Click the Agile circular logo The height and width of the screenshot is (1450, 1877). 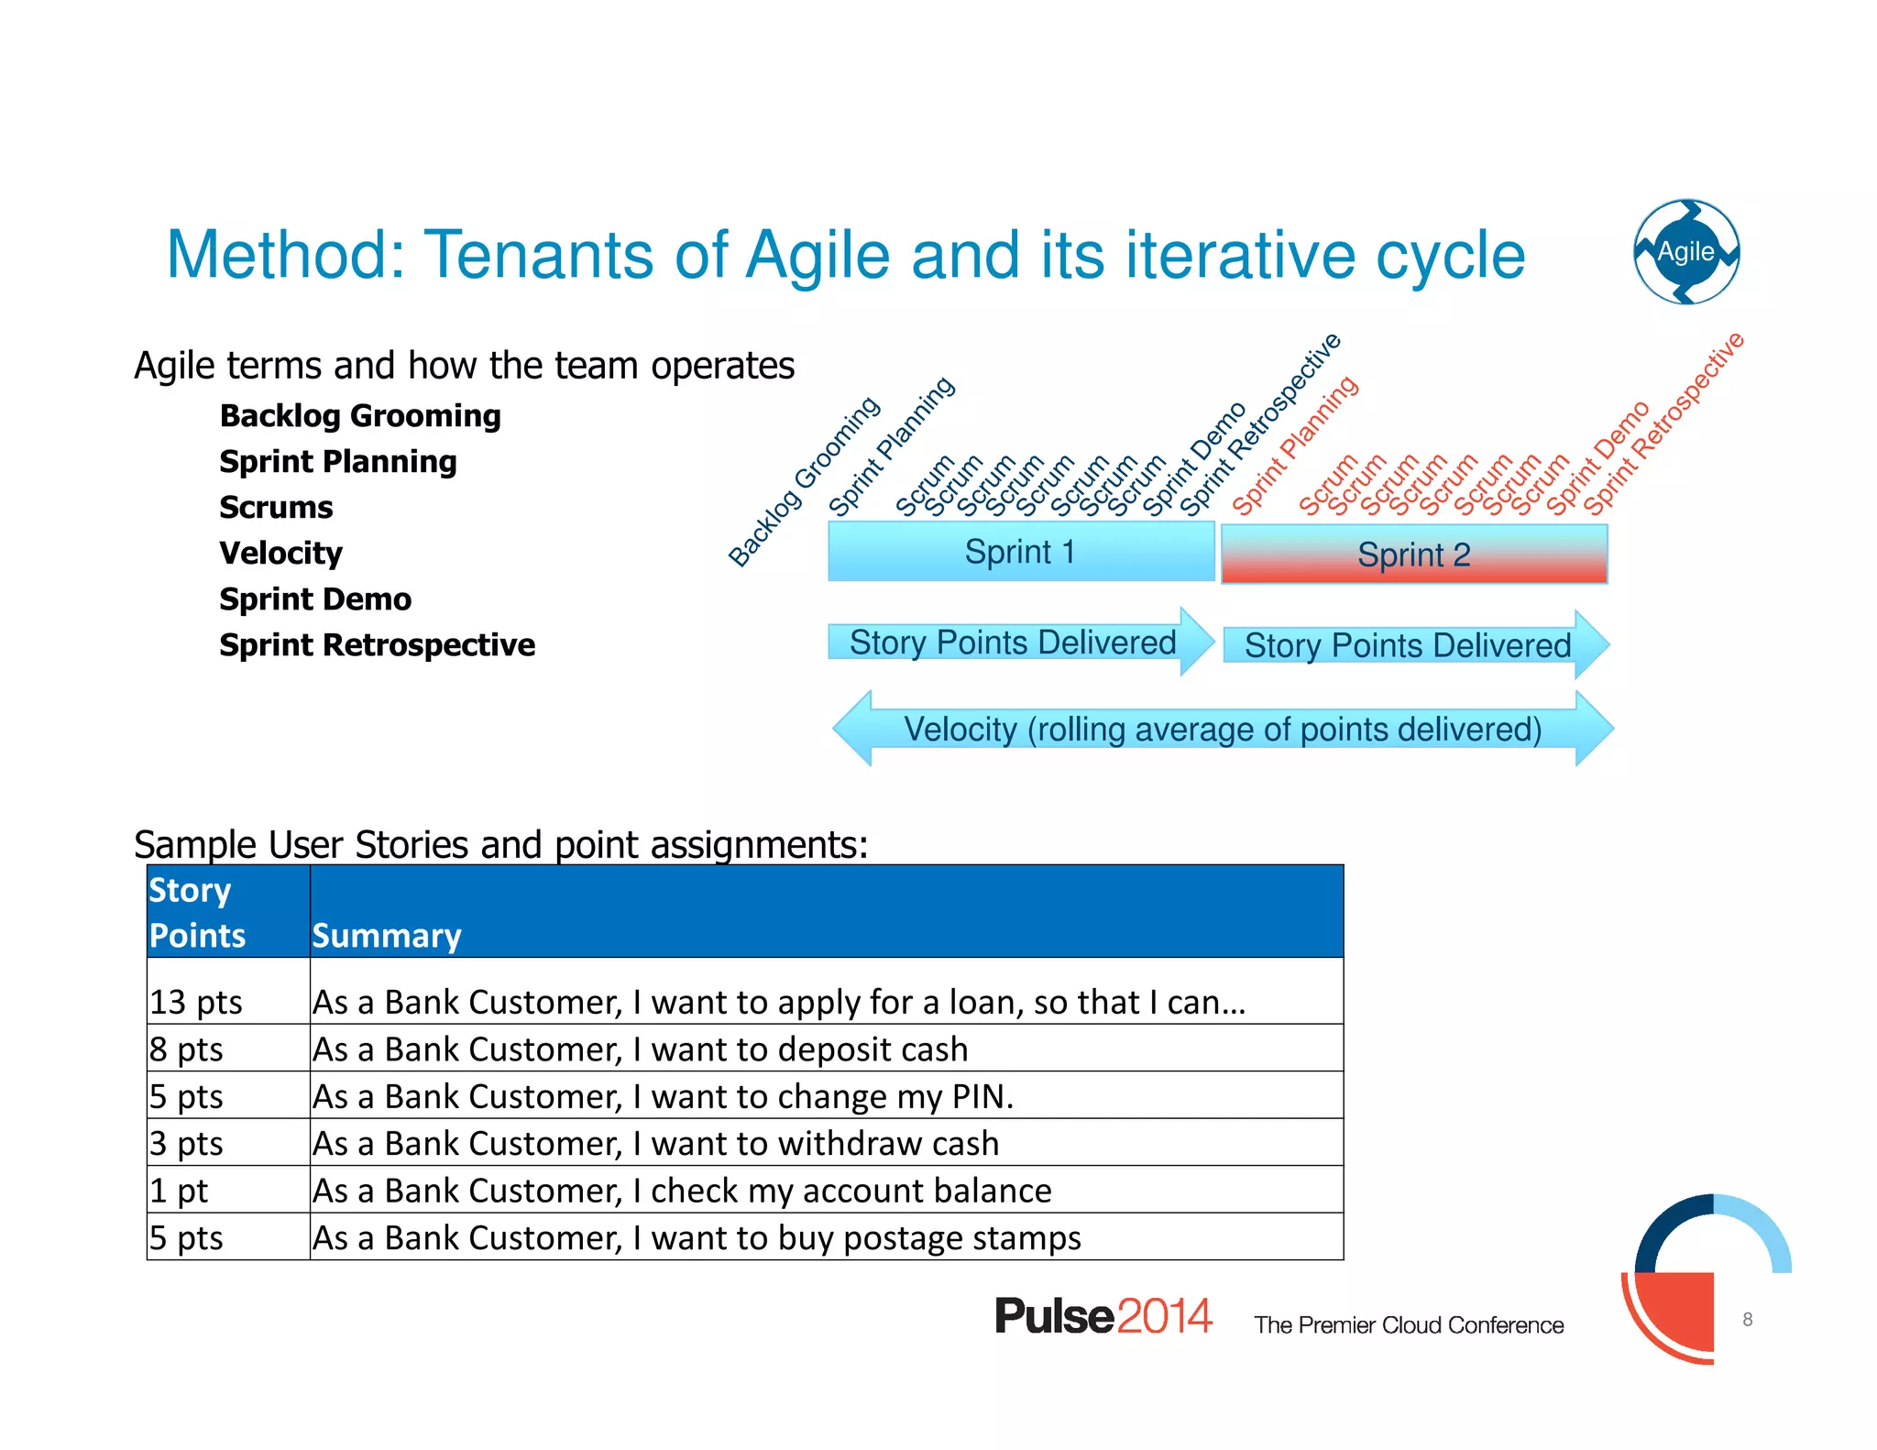pyautogui.click(x=1686, y=252)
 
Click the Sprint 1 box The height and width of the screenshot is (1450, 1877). pyautogui.click(x=1020, y=552)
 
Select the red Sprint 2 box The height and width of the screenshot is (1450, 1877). pyautogui.click(x=1413, y=555)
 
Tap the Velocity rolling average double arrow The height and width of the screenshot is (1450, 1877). pyautogui.click(x=1222, y=730)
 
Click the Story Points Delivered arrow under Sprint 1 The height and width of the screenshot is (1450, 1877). pyautogui.click(x=1013, y=643)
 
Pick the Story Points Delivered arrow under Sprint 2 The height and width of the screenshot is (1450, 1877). pyautogui.click(x=1408, y=645)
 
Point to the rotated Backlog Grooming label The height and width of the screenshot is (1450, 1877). pyautogui.click(x=804, y=482)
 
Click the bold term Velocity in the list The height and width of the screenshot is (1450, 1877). pyautogui.click(x=280, y=554)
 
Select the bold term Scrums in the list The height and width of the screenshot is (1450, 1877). pyautogui.click(x=276, y=508)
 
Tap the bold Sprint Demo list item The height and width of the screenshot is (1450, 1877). pyautogui.click(x=315, y=599)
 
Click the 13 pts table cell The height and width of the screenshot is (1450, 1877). pyautogui.click(x=196, y=1002)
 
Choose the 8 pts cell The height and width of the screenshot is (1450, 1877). pyautogui.click(x=187, y=1049)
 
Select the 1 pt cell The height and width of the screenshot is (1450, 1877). pyautogui.click(x=180, y=1191)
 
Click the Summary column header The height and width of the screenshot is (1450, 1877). pyautogui.click(x=387, y=936)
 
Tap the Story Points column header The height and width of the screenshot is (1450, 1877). pyautogui.click(x=197, y=913)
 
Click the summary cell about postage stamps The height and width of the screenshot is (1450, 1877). pyautogui.click(x=697, y=1238)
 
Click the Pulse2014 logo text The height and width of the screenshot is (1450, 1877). pyautogui.click(x=1103, y=1316)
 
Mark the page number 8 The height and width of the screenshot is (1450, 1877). pyautogui.click(x=1747, y=1319)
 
